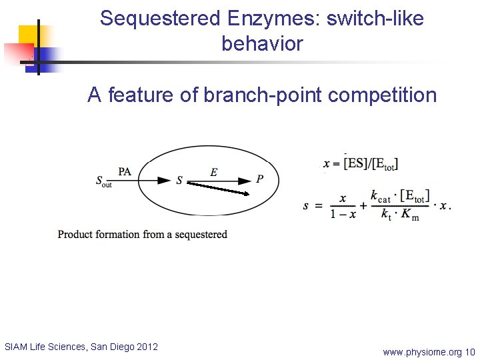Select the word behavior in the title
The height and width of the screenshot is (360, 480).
coord(262,44)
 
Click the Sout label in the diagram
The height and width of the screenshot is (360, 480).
coord(103,181)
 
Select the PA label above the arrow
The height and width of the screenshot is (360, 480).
coord(125,171)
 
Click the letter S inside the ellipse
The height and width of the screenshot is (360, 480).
coord(179,181)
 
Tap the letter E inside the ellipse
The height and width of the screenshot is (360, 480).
coord(213,172)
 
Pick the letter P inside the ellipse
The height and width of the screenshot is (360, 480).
coord(259,179)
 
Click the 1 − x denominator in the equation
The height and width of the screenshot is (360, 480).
coord(341,214)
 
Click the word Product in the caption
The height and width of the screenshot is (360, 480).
coord(76,235)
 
